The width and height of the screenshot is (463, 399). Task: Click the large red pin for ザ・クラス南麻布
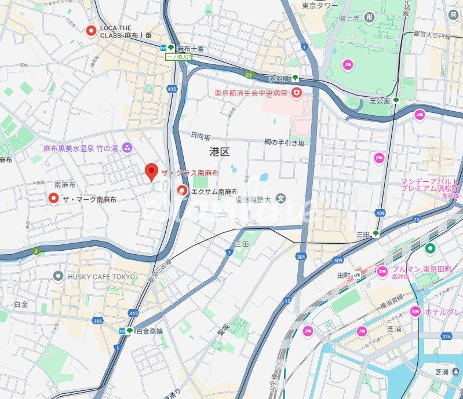click(151, 171)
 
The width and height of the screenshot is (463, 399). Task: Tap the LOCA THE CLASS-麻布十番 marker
click(90, 31)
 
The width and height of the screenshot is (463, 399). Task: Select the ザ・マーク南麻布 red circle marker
click(54, 199)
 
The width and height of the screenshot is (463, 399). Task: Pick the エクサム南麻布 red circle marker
click(182, 191)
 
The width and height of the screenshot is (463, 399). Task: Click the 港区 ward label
click(220, 152)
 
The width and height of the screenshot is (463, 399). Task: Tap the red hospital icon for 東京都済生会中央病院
click(296, 93)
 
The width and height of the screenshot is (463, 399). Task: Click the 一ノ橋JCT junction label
click(178, 57)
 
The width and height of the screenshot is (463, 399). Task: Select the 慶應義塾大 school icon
click(281, 199)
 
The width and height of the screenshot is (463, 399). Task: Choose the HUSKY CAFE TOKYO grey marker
click(58, 276)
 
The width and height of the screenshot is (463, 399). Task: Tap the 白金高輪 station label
click(149, 331)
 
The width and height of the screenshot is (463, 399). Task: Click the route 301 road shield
click(300, 257)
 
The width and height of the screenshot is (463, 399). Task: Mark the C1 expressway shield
click(249, 74)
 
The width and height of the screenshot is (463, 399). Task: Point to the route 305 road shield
click(97, 320)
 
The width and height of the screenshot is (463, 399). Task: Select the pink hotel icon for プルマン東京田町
click(382, 271)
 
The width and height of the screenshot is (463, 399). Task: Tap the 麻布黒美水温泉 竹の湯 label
click(81, 149)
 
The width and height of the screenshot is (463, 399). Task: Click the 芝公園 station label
click(381, 100)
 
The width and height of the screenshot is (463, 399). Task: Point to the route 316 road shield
click(445, 337)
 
